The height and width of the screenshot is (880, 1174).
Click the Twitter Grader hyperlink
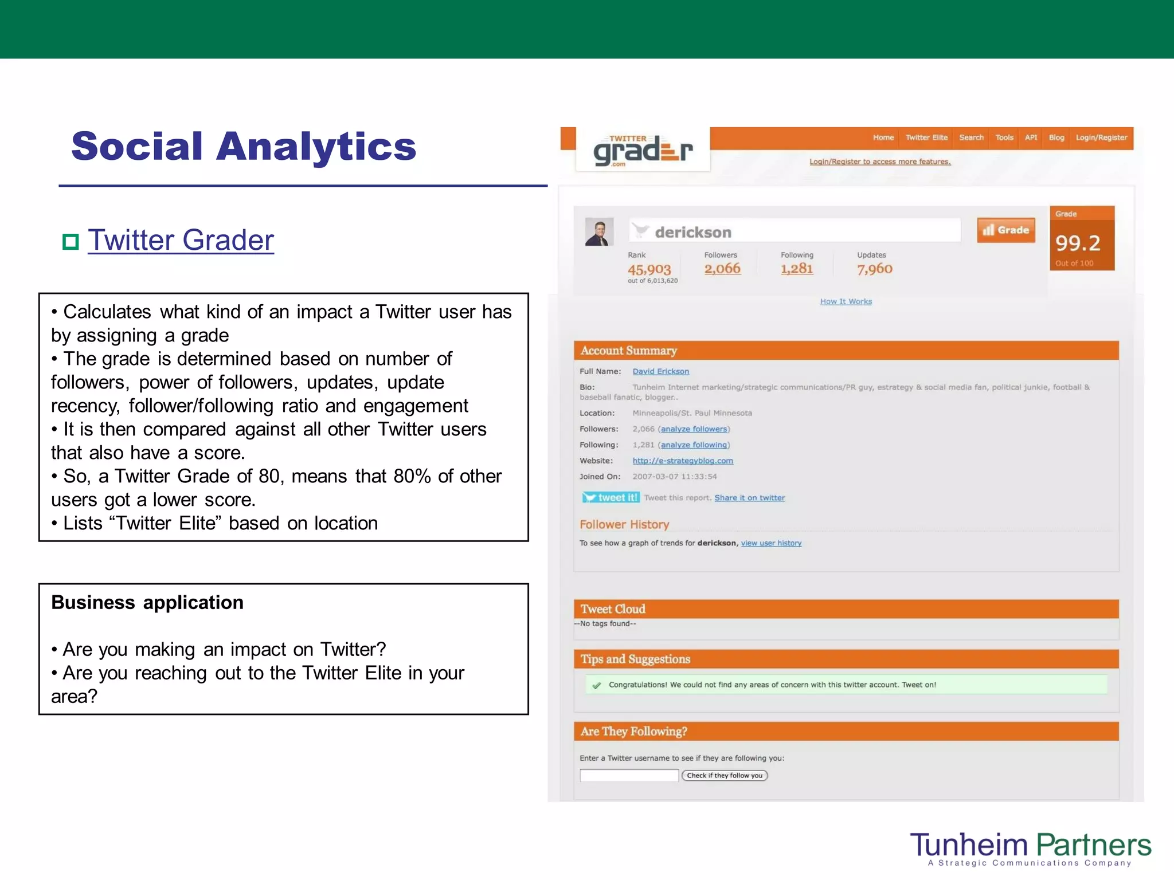(x=181, y=240)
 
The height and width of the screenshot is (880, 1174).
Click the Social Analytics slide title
(x=244, y=146)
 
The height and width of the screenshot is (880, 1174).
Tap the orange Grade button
(x=1006, y=230)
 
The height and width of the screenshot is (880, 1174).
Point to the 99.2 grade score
(x=1078, y=243)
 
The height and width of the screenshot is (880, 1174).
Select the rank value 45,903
(x=649, y=269)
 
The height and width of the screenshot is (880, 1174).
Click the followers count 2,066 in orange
(x=722, y=269)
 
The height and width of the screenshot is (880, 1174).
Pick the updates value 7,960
(x=874, y=269)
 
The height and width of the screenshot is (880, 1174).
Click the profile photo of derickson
(x=599, y=231)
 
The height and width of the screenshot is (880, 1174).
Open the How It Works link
(x=846, y=301)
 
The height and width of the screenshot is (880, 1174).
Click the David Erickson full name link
(x=660, y=371)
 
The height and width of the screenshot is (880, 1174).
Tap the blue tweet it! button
(x=611, y=497)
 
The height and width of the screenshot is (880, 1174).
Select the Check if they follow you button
(x=725, y=775)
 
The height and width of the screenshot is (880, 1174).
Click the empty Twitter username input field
(x=629, y=775)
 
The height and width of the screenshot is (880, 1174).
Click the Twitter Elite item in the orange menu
(x=926, y=137)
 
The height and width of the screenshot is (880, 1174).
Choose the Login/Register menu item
(x=1101, y=137)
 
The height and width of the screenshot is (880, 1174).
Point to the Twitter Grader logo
(x=643, y=151)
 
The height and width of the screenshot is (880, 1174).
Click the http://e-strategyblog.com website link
(x=683, y=461)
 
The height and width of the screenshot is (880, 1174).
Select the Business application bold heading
(x=147, y=603)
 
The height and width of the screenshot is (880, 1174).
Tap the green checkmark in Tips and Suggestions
(x=597, y=685)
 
